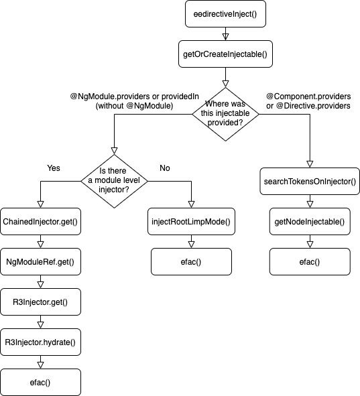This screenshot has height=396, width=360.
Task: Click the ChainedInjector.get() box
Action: pyautogui.click(x=42, y=221)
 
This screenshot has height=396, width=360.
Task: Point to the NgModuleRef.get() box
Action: pyautogui.click(x=42, y=262)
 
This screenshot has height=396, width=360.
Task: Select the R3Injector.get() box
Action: pyautogui.click(x=42, y=302)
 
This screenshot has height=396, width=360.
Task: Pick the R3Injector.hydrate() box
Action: pyautogui.click(x=42, y=342)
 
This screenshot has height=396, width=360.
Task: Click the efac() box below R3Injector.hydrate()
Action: pyautogui.click(x=42, y=382)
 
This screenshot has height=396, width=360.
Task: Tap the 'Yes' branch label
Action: pyautogui.click(x=54, y=168)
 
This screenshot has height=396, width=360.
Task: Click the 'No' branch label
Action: pyautogui.click(x=164, y=168)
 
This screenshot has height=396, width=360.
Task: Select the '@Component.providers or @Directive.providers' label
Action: pyautogui.click(x=308, y=101)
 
